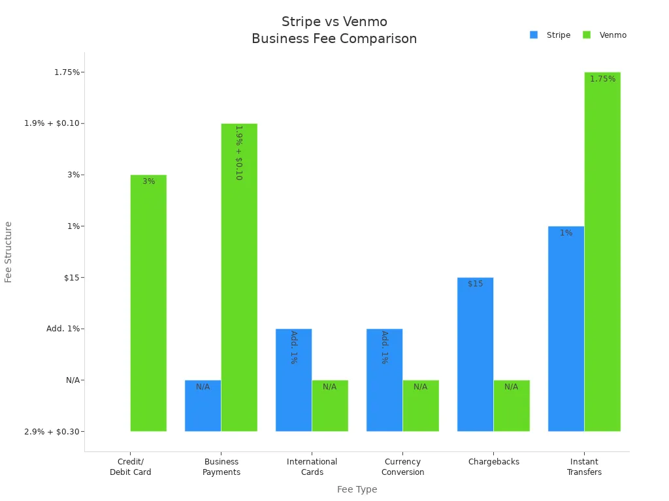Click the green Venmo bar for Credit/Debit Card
point(148,303)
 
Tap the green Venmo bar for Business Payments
point(239,277)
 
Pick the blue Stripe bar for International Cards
point(293,380)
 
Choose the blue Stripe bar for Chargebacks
point(475,355)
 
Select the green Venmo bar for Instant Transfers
point(602,252)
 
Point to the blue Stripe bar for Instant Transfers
point(566,329)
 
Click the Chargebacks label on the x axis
point(493,462)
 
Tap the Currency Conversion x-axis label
point(402,467)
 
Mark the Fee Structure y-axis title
point(8,252)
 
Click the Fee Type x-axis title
point(357,489)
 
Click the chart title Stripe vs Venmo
point(334,22)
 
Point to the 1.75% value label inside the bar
point(602,79)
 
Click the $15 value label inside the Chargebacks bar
point(475,284)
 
